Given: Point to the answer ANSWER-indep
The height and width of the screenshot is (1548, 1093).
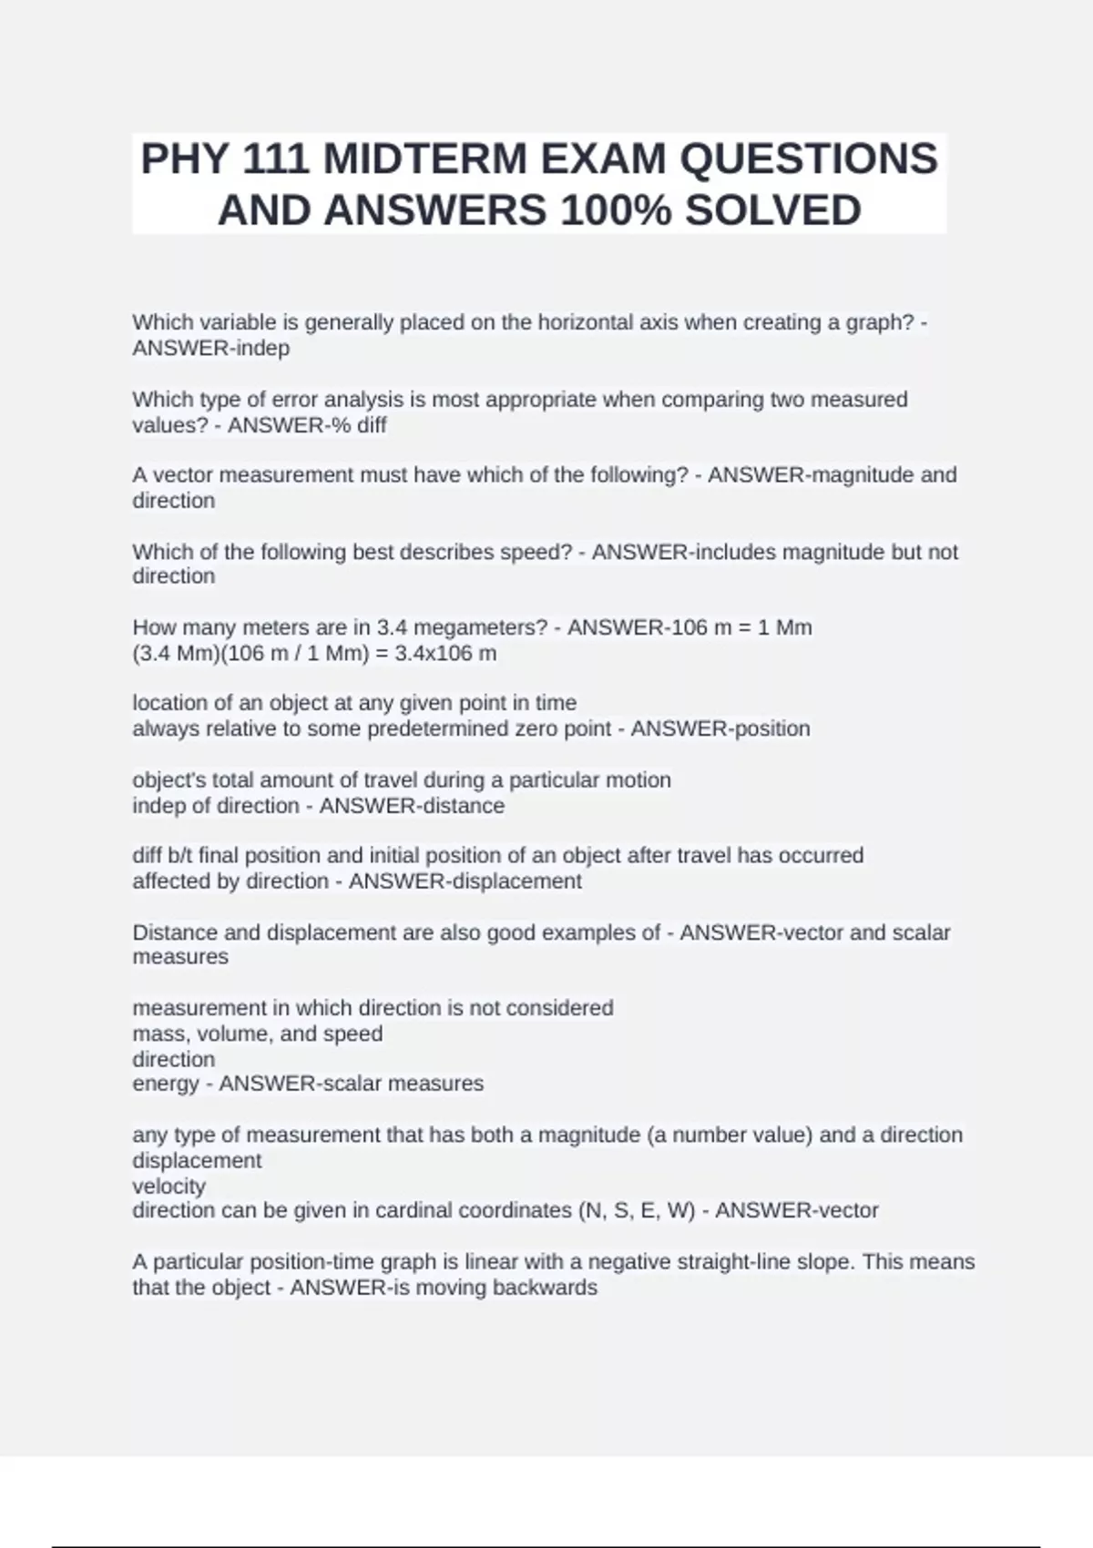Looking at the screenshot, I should point(211,348).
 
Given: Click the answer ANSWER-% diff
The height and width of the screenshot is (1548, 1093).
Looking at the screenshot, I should point(307,425).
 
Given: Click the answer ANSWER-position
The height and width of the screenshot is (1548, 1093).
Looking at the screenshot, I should point(720,728).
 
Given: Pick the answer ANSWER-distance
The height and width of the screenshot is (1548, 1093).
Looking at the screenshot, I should point(412,806).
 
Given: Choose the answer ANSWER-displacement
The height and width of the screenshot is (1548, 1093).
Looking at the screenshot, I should point(465,881).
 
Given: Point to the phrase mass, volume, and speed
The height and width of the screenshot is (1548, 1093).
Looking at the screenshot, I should point(258,1034).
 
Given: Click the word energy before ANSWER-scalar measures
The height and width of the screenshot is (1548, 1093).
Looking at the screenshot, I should point(165,1084).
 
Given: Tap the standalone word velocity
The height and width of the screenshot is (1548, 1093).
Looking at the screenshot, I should point(169,1186).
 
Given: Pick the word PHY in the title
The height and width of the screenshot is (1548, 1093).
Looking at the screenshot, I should point(184,159).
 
